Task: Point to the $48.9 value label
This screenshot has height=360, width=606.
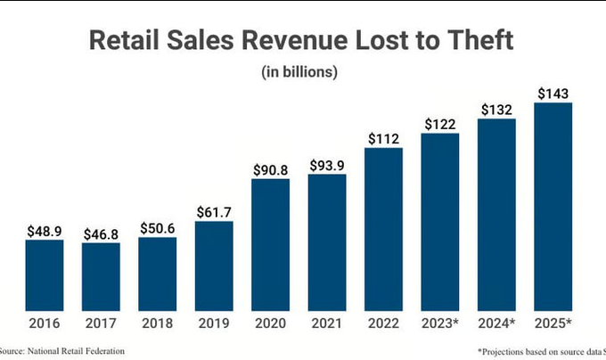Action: click(44, 230)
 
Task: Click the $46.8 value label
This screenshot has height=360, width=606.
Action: click(101, 233)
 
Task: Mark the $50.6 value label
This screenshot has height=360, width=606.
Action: click(158, 227)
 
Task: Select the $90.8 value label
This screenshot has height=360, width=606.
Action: click(271, 169)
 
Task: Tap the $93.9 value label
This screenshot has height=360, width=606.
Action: click(327, 165)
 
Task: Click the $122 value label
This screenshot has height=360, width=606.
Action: click(440, 124)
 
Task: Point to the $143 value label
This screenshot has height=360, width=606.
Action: click(553, 94)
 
